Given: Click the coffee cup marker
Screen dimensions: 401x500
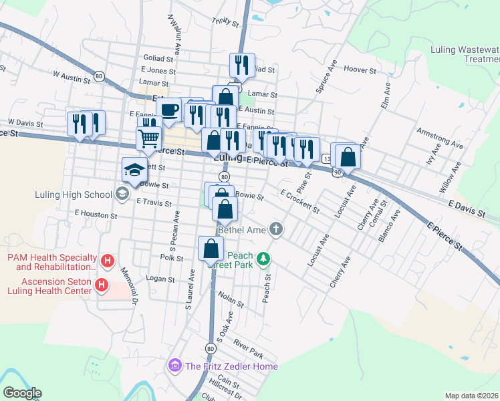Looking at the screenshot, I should [170, 110].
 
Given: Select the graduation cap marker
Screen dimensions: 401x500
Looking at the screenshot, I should [134, 170].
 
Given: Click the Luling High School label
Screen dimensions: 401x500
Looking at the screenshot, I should [74, 195].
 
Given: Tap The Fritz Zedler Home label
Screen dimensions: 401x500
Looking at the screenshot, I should [231, 366].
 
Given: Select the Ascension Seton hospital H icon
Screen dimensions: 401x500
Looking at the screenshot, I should [102, 286].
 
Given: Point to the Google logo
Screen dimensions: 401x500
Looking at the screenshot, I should [22, 393].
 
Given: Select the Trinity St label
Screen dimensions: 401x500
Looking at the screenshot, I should [225, 23].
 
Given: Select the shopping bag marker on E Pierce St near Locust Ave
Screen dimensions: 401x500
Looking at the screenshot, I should [348, 157].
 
